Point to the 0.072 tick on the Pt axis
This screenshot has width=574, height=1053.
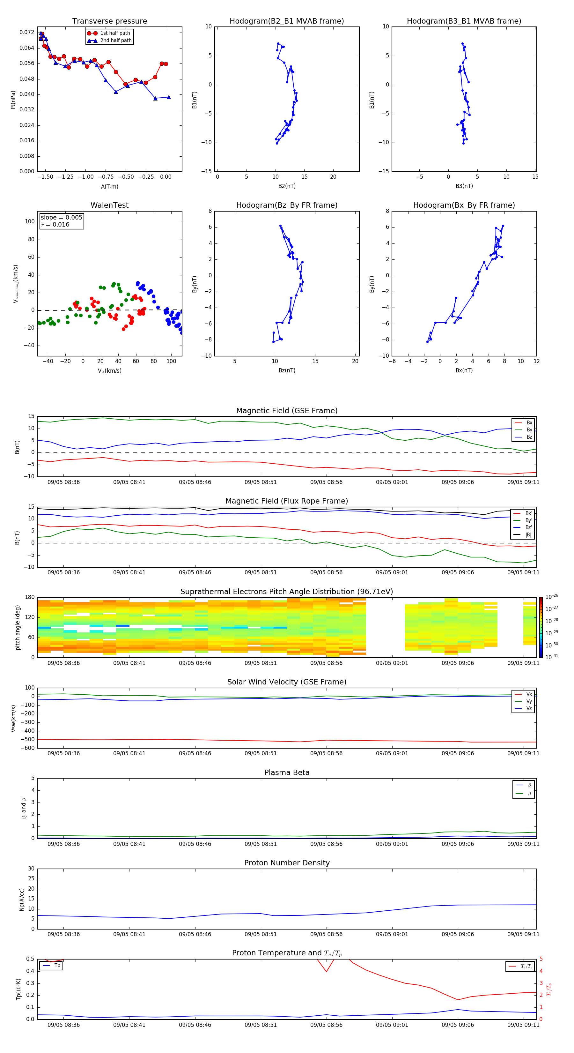pyautogui.click(x=27, y=32)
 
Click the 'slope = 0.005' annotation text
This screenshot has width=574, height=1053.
pyautogui.click(x=61, y=218)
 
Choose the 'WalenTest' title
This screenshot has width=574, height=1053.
pyautogui.click(x=109, y=205)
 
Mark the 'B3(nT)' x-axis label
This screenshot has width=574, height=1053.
pyautogui.click(x=464, y=186)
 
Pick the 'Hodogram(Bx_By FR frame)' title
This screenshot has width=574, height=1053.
pyautogui.click(x=464, y=205)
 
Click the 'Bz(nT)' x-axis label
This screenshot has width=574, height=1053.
pyautogui.click(x=287, y=370)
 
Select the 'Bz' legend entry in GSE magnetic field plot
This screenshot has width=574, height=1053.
pyautogui.click(x=529, y=437)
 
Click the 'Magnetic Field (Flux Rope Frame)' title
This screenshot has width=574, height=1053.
pyautogui.click(x=286, y=501)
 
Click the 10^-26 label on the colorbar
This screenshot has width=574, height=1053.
pyautogui.click(x=552, y=597)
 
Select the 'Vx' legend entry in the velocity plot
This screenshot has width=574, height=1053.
pyautogui.click(x=529, y=694)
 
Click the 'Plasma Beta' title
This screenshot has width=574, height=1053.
pyautogui.click(x=287, y=773)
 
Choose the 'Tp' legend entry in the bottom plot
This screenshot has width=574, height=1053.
pyautogui.click(x=57, y=966)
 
